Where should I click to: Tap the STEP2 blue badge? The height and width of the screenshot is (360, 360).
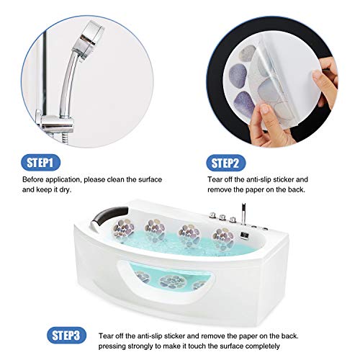(x=228, y=161)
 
